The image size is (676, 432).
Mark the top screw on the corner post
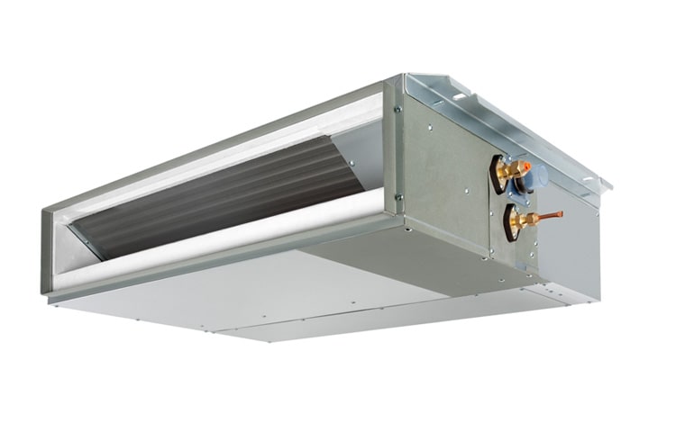397,110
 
